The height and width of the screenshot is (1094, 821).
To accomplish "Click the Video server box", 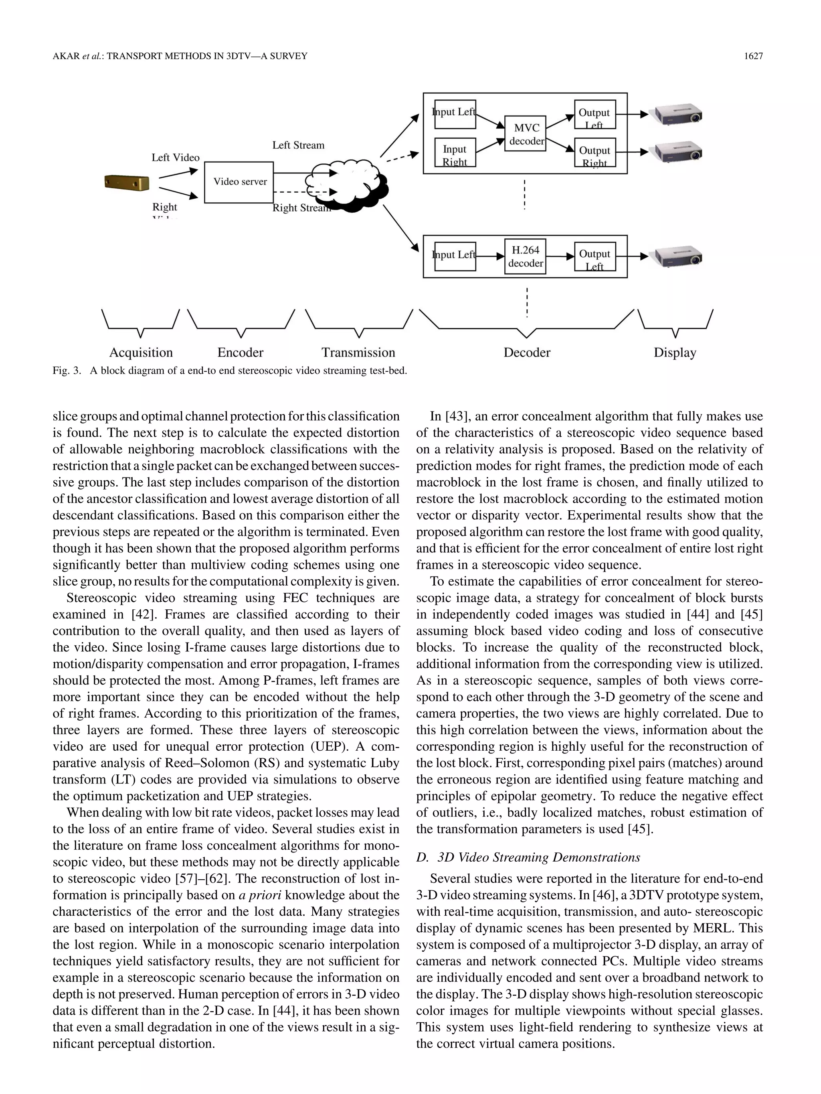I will tap(239, 182).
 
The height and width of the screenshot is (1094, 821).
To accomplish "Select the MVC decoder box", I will tap(525, 133).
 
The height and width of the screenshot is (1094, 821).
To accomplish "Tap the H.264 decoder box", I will tap(525, 256).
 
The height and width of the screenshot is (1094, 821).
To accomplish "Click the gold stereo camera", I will tap(127, 183).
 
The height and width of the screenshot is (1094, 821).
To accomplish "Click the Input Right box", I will tap(454, 154).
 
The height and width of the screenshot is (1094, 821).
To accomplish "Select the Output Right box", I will tap(595, 154).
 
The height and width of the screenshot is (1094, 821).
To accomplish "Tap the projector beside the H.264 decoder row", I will tap(678, 257).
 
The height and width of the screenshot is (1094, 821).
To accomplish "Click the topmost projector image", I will tap(678, 115).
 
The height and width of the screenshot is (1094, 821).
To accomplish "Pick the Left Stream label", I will tap(298, 145).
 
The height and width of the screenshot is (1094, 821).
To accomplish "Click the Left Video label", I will tap(175, 158).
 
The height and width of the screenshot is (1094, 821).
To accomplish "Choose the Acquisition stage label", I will tap(141, 353).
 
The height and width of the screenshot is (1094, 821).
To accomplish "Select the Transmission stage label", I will tap(358, 353).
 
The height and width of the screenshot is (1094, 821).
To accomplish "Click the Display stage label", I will tap(675, 353).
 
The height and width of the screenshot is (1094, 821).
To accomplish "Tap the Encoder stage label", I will tap(240, 353).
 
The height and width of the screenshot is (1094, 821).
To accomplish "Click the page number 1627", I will tap(753, 56).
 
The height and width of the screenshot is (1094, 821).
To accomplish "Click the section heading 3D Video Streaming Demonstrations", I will tap(539, 857).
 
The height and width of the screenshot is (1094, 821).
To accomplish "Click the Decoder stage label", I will tap(526, 353).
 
